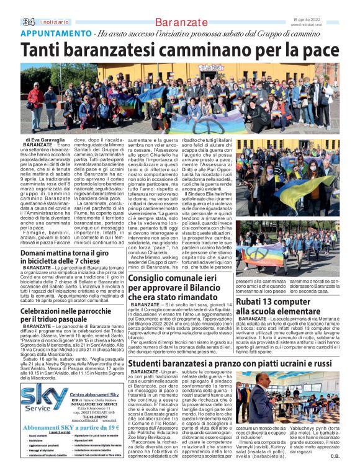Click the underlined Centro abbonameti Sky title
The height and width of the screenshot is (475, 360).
(93, 394)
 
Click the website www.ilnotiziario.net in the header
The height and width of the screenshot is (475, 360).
(336, 25)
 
